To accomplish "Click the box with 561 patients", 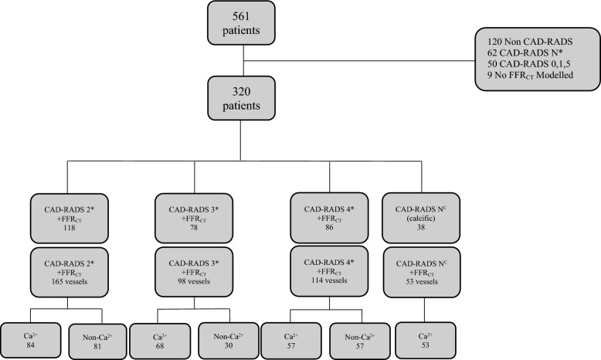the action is click(241, 23).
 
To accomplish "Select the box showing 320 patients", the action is click(241, 98).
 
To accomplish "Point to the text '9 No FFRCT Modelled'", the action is click(531, 76).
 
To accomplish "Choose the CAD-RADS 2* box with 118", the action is click(70, 218).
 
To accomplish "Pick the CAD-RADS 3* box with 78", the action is click(194, 218).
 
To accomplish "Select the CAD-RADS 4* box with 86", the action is click(329, 218).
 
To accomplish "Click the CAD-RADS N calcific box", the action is click(421, 218).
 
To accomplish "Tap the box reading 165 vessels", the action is click(70, 272).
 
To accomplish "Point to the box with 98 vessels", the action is click(194, 272).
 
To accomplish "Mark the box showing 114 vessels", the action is click(329, 271).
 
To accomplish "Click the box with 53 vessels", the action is click(422, 272).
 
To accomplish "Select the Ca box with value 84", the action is click(31, 341).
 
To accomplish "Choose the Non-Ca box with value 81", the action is click(97, 341).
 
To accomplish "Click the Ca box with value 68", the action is click(160, 341).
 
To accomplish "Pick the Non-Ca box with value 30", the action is click(229, 341).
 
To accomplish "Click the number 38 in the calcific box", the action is click(421, 227).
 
